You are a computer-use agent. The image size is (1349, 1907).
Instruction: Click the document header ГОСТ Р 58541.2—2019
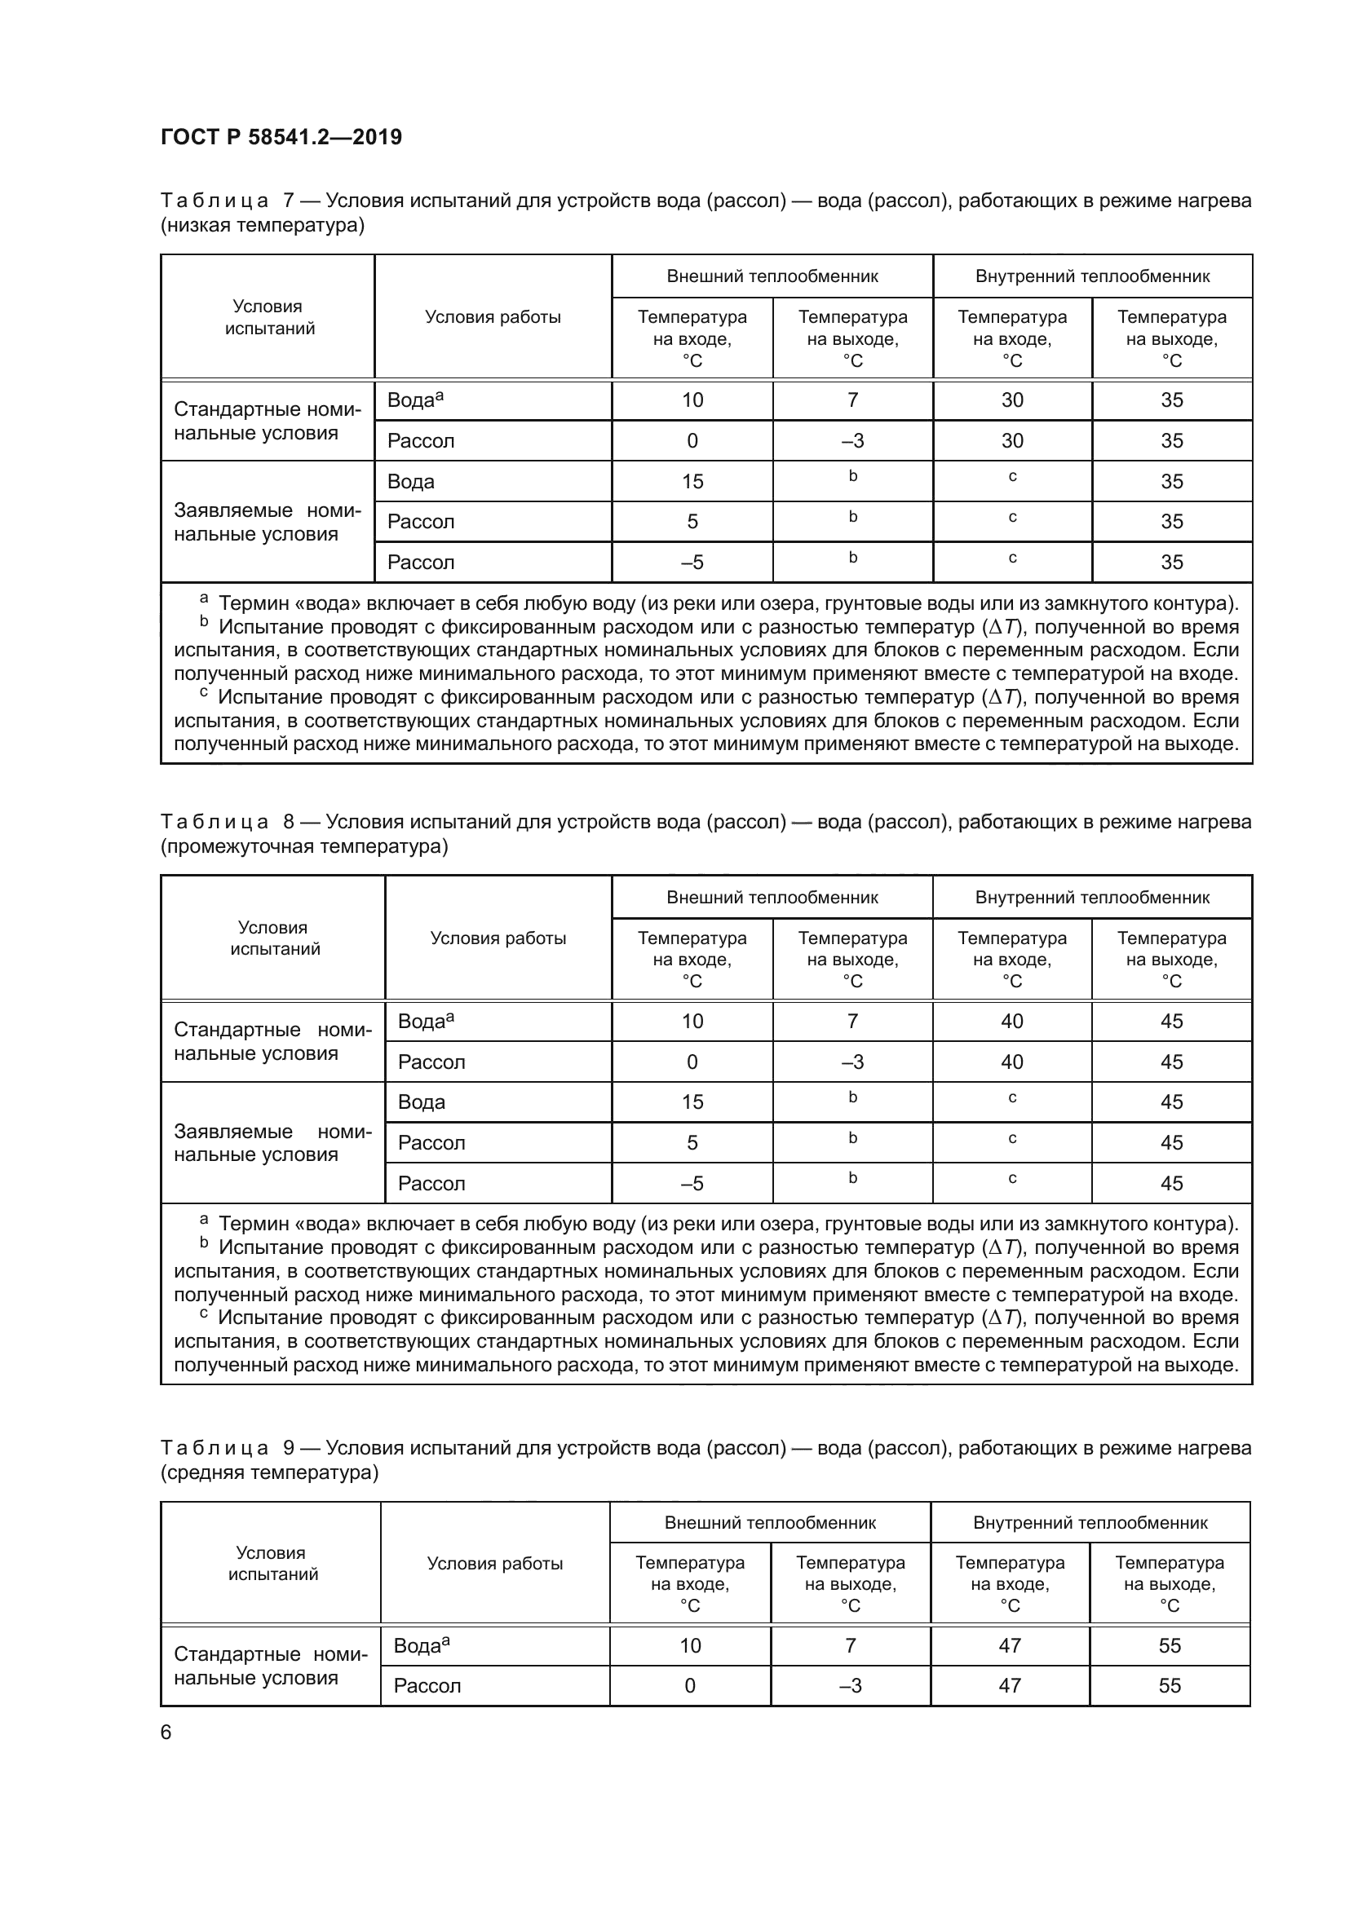click(281, 137)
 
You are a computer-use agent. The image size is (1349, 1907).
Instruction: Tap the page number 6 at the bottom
click(166, 1732)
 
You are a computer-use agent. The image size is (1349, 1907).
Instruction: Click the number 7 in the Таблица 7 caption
click(289, 201)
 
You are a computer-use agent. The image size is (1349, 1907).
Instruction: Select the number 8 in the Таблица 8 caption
click(289, 822)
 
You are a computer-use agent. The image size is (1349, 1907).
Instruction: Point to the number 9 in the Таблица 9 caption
click(289, 1448)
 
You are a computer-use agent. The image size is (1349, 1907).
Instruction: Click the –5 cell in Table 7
click(692, 563)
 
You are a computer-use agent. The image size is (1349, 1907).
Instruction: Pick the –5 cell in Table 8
click(692, 1183)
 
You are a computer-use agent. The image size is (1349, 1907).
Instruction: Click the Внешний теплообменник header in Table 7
click(772, 276)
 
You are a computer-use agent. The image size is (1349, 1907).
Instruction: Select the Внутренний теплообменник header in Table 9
click(1090, 1522)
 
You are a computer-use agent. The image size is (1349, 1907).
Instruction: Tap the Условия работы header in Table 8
click(498, 938)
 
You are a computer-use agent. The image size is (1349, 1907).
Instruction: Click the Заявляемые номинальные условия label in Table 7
click(267, 522)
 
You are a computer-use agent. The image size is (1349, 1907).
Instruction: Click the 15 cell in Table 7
click(692, 482)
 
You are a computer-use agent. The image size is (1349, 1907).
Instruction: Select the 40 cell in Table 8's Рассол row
click(1011, 1062)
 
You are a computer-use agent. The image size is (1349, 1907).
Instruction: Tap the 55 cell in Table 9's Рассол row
click(1169, 1685)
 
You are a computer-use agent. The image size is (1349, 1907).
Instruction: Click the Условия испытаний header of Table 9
click(272, 1563)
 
